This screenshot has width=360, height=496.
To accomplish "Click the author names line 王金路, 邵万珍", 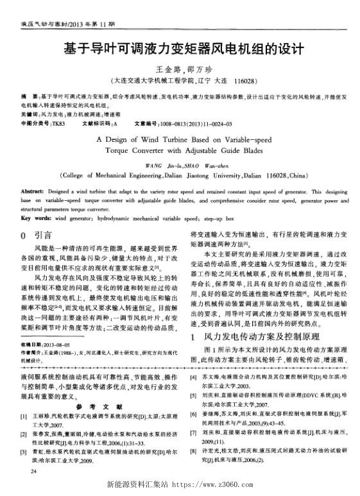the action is (180, 71).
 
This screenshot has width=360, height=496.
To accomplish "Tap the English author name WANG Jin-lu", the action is (160, 165).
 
